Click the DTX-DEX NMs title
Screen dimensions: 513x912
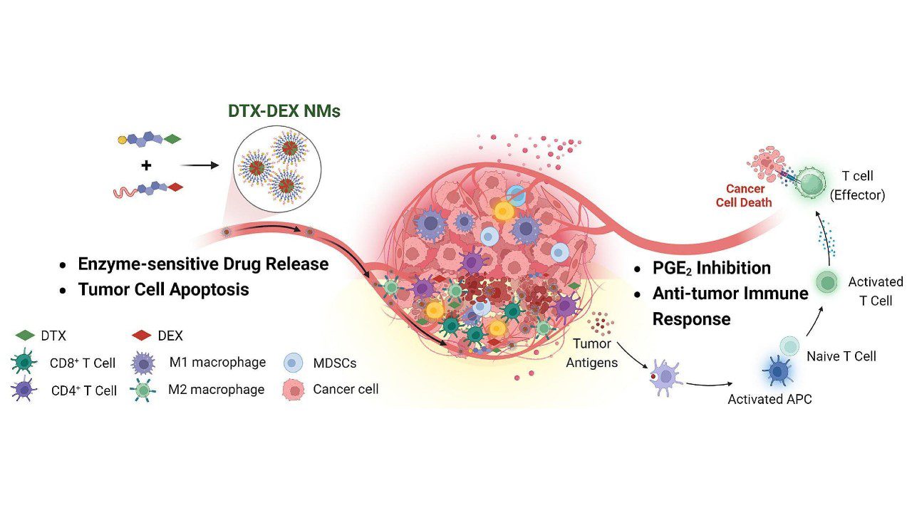click(284, 112)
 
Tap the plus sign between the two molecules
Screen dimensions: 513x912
click(146, 165)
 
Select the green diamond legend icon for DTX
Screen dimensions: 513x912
click(25, 335)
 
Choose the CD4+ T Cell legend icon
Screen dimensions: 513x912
click(26, 390)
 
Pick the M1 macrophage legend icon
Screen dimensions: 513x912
click(145, 363)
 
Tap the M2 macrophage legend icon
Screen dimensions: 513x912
click(145, 390)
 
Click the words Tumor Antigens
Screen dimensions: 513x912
click(593, 353)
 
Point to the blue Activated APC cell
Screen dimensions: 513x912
click(777, 370)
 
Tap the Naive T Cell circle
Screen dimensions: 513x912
click(790, 346)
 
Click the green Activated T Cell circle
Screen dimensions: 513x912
click(826, 282)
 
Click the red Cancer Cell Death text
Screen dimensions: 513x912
click(745, 195)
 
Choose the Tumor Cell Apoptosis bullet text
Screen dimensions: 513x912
click(163, 289)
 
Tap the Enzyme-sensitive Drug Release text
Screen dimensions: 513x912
click(203, 264)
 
